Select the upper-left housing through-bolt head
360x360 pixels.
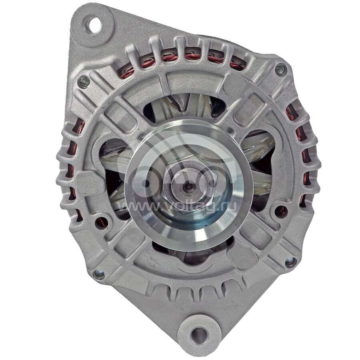[x=84, y=82]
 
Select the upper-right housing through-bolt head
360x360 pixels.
[x=280, y=70]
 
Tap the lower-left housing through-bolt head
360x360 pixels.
[x=99, y=274]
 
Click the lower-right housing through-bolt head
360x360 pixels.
[x=290, y=262]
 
